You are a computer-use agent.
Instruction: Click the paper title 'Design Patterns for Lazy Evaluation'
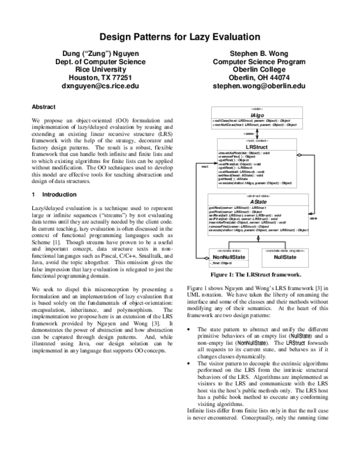179,37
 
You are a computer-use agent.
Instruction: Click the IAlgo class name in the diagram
257,113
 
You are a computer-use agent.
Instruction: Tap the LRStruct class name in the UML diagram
257,146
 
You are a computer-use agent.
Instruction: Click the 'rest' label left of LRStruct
205,166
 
